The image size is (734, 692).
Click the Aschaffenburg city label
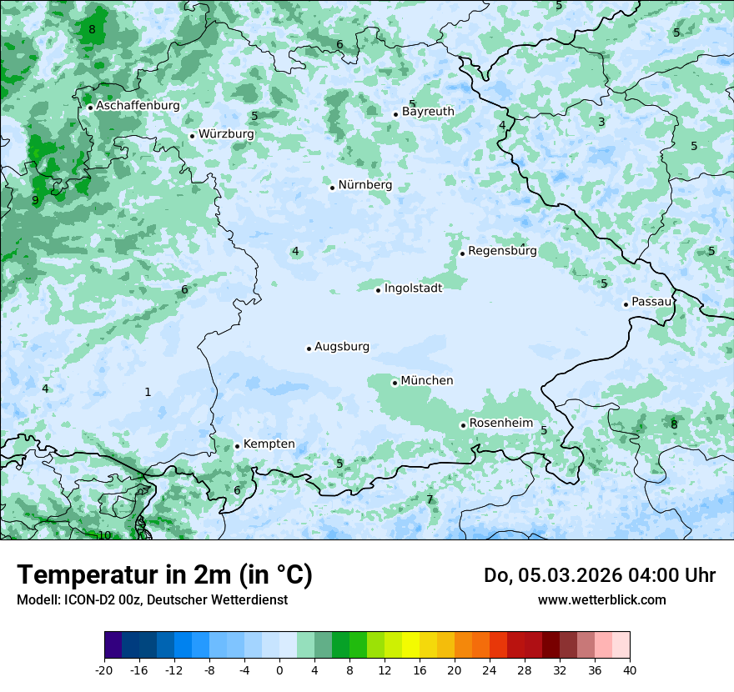tap(138, 106)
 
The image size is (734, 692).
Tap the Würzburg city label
tap(226, 134)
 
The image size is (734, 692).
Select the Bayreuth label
tap(428, 112)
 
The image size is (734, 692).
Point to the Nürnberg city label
tap(364, 185)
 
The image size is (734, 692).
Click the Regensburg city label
tap(502, 251)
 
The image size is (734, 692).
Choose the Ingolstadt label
tap(413, 288)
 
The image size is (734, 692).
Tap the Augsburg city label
tap(341, 347)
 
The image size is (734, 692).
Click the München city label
tap(427, 381)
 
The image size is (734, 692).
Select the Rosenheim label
tap(500, 424)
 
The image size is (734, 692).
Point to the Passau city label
tap(651, 302)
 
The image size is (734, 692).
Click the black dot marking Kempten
tap(237, 446)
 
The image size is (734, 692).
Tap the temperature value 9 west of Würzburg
tap(35, 201)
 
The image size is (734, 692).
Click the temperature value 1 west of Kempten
tap(148, 392)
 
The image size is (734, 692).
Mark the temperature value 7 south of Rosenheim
tap(430, 500)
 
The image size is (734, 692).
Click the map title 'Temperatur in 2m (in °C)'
tap(164, 575)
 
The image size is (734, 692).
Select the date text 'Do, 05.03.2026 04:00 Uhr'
tap(599, 575)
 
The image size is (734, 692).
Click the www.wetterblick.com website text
tap(601, 599)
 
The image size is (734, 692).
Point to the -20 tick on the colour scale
tap(104, 670)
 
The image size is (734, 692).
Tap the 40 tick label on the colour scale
tap(629, 670)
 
